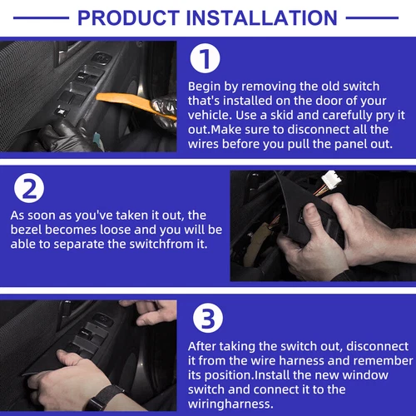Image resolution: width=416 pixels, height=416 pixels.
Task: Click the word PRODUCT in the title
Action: pos(129,18)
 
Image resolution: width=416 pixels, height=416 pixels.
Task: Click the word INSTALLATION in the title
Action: pos(262,18)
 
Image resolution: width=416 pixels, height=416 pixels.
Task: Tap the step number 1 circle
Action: pos(205,58)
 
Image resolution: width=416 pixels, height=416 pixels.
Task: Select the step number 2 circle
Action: pos(29,188)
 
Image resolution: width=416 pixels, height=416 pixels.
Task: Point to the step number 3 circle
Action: pos(208,318)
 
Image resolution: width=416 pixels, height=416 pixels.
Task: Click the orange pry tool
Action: pos(133,103)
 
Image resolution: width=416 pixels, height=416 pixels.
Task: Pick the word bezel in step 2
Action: pos(26,230)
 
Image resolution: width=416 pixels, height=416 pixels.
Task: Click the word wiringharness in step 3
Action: pos(230,404)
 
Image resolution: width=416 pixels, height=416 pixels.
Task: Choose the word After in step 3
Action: pos(202,346)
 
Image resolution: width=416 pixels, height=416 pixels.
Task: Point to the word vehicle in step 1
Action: pos(210,115)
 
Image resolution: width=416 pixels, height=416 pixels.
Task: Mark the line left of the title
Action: pos(41,18)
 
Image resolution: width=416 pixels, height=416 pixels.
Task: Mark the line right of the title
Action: pos(372,18)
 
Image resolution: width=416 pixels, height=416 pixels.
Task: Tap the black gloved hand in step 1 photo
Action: pos(60,136)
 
